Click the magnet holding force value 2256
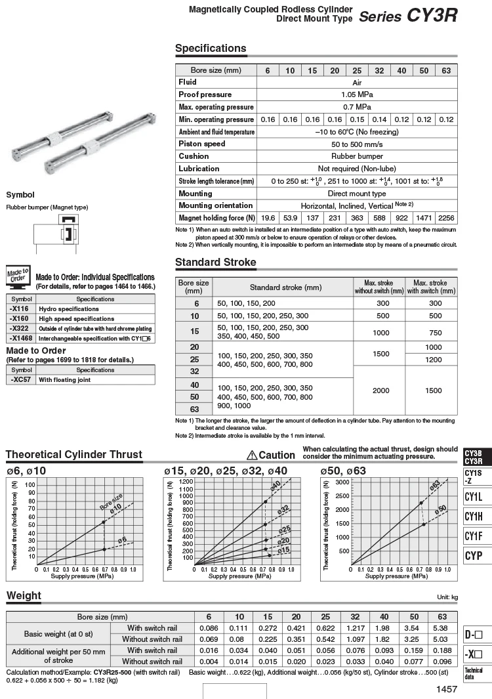(x=446, y=218)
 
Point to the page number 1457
(x=446, y=688)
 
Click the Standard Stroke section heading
(x=215, y=263)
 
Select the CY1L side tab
(x=474, y=497)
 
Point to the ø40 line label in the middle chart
(x=276, y=486)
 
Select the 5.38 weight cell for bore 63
(x=442, y=628)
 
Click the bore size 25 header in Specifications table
(x=357, y=70)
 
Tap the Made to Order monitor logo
(x=17, y=277)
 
